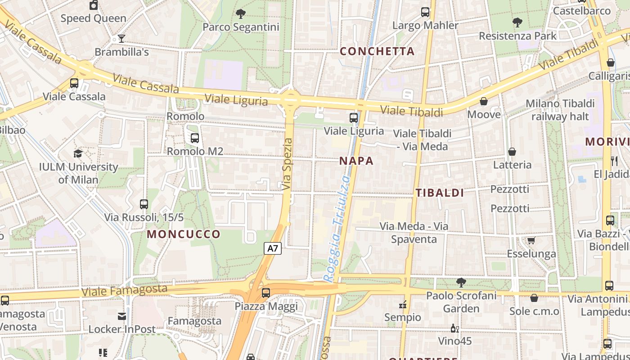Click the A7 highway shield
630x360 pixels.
tap(273, 248)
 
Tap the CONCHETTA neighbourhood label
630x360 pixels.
tap(377, 51)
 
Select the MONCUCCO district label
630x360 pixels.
tap(184, 234)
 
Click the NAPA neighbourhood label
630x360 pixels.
tap(356, 161)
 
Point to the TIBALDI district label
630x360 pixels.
tap(440, 193)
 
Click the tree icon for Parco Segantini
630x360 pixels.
tap(241, 14)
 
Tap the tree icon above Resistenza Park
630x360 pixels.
tap(517, 22)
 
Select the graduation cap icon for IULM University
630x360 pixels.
tap(78, 154)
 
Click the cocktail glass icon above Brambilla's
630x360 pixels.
tap(121, 39)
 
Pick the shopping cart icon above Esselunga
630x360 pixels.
tap(531, 240)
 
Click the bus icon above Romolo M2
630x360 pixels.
tap(195, 138)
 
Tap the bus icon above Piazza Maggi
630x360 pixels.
tap(266, 293)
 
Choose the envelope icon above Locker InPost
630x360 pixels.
tap(121, 316)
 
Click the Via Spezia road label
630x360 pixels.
tap(288, 164)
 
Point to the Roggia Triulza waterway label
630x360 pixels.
tap(337, 229)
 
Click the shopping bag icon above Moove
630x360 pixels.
tap(484, 101)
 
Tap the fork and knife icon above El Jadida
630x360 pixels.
tap(614, 161)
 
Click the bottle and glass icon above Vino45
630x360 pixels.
tap(455, 328)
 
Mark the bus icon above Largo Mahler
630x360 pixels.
tap(425, 12)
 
